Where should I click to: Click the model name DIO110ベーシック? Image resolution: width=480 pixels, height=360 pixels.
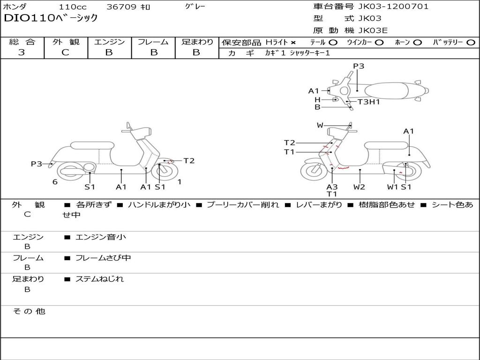click(x=51, y=18)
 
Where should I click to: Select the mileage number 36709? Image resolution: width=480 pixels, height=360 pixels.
click(x=121, y=7)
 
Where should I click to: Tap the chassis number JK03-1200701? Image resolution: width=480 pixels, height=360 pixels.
click(x=393, y=7)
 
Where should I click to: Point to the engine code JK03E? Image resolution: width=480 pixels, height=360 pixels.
click(x=373, y=30)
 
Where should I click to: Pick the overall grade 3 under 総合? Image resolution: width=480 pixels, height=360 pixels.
click(x=22, y=52)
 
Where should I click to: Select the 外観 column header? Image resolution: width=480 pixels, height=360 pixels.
click(x=66, y=42)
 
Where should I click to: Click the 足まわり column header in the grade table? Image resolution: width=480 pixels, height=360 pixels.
click(x=197, y=42)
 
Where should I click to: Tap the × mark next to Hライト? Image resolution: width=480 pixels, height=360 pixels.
click(x=293, y=42)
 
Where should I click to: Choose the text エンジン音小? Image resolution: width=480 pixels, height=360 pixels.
click(x=101, y=237)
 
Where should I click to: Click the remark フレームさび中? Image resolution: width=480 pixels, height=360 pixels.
click(x=103, y=258)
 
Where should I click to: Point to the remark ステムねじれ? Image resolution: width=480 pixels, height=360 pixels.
click(x=99, y=279)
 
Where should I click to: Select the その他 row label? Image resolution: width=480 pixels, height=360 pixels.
click(x=29, y=311)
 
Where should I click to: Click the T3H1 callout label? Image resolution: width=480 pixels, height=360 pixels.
click(x=368, y=102)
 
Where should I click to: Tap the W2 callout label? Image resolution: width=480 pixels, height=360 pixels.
click(x=360, y=187)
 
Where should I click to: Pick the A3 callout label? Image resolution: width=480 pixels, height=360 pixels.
click(x=332, y=187)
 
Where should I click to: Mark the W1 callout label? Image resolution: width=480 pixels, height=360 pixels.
click(x=392, y=187)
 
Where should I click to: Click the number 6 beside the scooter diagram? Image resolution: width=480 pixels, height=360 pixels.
click(x=55, y=182)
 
